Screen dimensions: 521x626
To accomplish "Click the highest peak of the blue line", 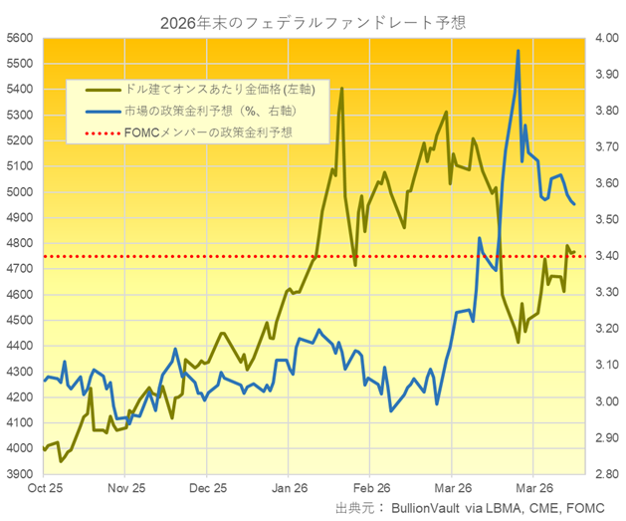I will (x=518, y=51).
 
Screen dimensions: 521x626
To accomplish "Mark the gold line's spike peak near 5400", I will (x=341, y=88).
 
